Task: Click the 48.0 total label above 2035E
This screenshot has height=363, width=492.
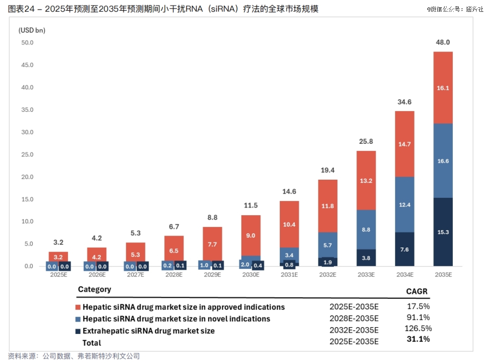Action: click(443, 42)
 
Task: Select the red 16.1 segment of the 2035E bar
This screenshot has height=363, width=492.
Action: click(443, 88)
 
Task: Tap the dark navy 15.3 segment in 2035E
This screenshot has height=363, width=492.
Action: click(443, 232)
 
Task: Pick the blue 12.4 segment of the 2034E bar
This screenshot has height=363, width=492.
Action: click(405, 205)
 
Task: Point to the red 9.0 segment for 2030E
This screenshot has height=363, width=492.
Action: click(251, 235)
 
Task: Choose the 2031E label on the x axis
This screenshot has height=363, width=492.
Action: click(289, 275)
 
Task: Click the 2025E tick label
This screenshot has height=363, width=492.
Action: click(58, 275)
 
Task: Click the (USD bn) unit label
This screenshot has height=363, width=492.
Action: click(32, 30)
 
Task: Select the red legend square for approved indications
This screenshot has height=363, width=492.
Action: click(77, 307)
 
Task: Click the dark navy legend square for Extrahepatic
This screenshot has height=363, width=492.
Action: click(77, 331)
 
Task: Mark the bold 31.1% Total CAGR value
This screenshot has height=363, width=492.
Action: click(418, 339)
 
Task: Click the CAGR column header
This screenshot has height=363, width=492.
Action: click(417, 291)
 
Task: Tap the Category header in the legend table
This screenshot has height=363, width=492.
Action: click(94, 289)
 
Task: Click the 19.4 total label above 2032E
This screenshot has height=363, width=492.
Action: click(328, 170)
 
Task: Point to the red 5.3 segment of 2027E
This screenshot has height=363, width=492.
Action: click(135, 255)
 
